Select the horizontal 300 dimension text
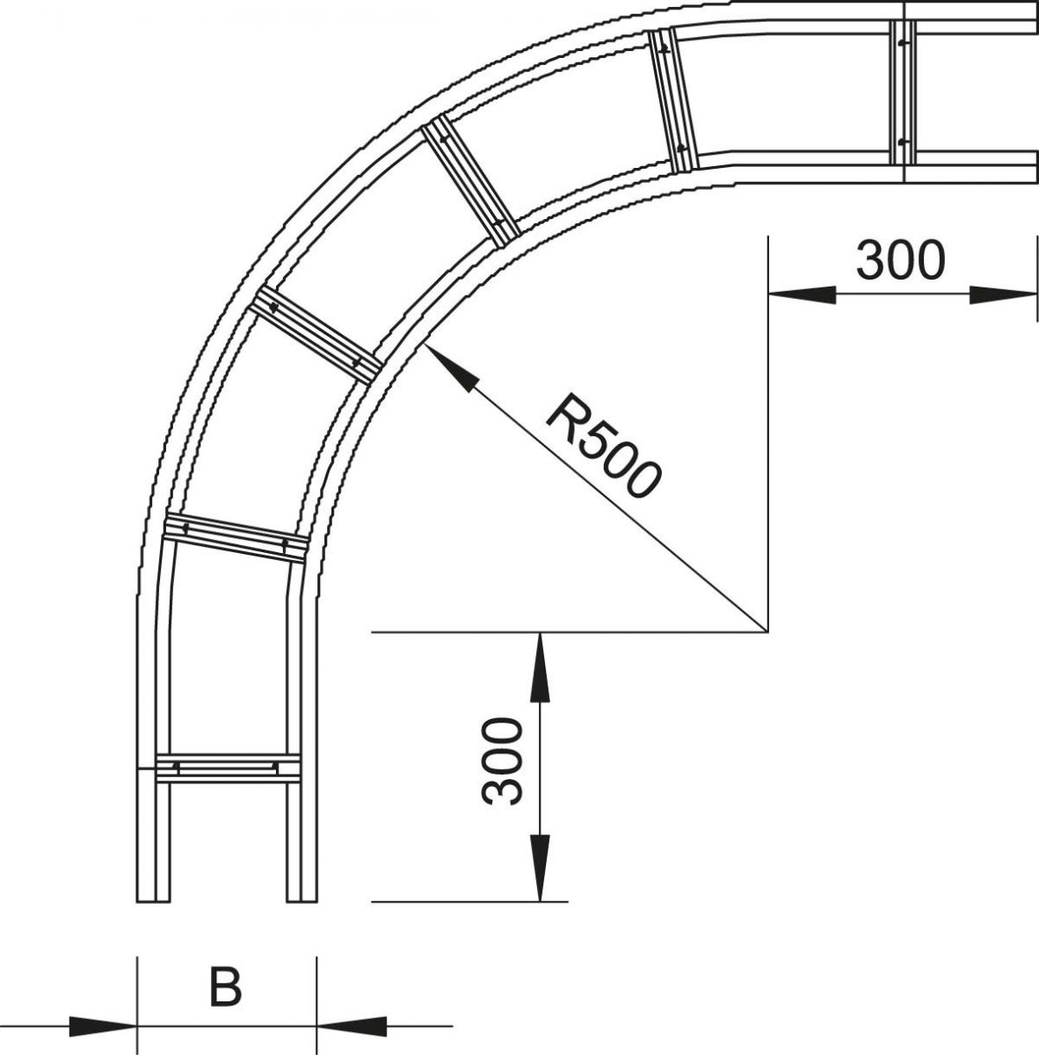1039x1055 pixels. click(x=900, y=260)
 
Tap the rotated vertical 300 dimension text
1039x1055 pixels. click(x=504, y=760)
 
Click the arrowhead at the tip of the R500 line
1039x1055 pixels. click(x=449, y=369)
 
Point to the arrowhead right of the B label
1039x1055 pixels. click(x=351, y=1025)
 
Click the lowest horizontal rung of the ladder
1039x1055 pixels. click(x=227, y=768)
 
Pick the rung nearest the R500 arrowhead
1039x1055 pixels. click(x=317, y=337)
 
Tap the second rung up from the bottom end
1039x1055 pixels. click(x=235, y=536)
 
